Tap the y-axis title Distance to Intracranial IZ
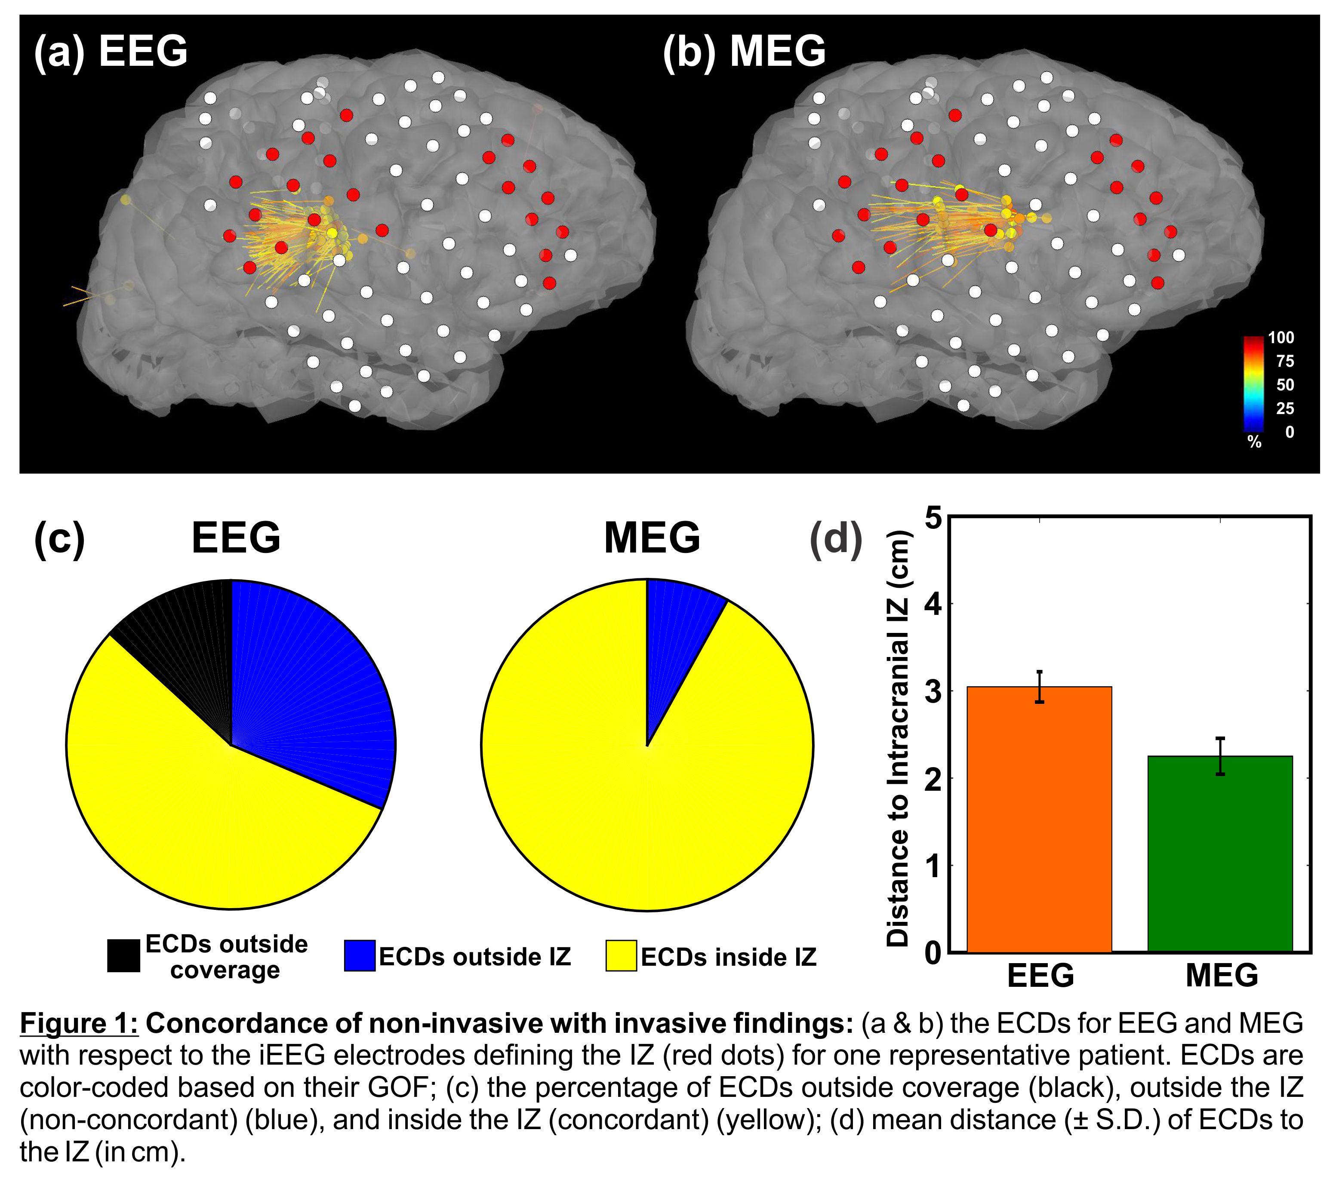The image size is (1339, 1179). [898, 737]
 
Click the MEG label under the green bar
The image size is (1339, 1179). [1222, 975]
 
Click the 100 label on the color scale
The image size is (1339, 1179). [1281, 338]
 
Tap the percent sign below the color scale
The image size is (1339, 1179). [1254, 442]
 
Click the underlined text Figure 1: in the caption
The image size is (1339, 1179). [79, 1023]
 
